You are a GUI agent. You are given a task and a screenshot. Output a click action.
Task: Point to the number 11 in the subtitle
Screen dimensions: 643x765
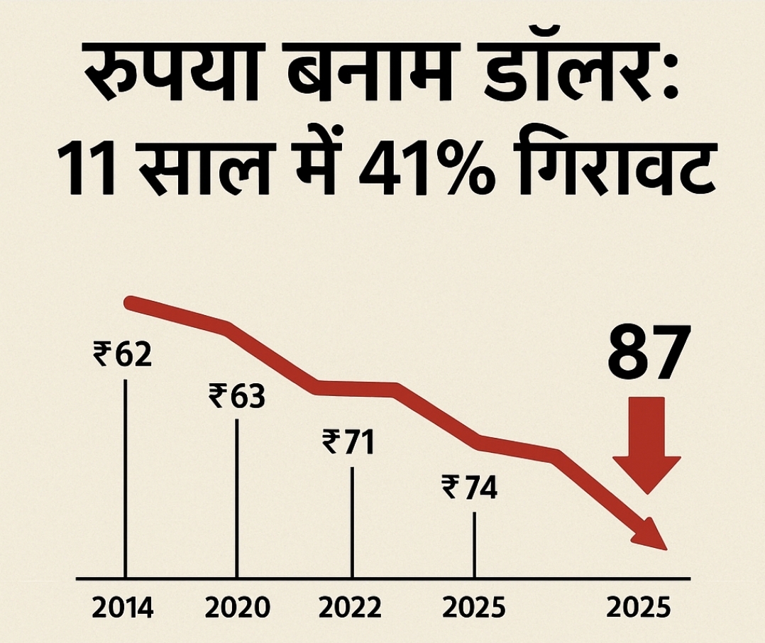tap(85, 171)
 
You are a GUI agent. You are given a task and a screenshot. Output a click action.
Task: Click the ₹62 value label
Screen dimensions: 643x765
tap(123, 353)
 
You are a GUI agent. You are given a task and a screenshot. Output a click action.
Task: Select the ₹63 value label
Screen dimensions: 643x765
tap(236, 395)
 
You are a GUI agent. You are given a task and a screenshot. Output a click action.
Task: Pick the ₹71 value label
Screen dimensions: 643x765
tap(348, 441)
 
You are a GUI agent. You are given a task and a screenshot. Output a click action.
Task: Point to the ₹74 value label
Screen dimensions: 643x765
tap(469, 488)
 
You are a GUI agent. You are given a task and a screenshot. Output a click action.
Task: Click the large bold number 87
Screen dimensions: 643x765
tap(649, 352)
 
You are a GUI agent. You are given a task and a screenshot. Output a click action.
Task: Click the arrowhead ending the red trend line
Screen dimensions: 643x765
tap(653, 536)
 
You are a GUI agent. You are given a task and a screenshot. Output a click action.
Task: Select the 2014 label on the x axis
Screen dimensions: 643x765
tap(123, 608)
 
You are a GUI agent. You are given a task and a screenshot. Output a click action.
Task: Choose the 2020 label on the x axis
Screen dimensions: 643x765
tap(237, 608)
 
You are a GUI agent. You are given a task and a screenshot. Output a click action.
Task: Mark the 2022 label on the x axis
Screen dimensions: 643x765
tap(350, 608)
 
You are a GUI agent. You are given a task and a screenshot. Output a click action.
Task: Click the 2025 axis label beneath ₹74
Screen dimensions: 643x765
tap(473, 608)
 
